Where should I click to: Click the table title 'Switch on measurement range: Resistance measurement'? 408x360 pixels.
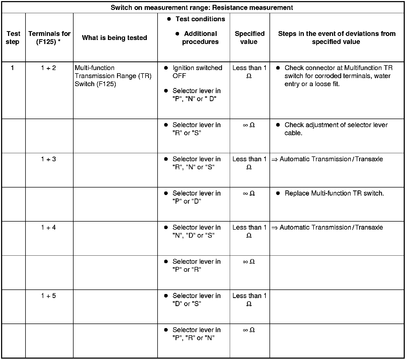pos(202,8)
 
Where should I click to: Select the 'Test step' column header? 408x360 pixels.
pos(13,38)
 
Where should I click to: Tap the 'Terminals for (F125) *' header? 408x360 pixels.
pos(49,38)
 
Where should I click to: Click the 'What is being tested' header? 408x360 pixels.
pos(115,38)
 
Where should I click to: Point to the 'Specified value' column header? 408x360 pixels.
pos(249,38)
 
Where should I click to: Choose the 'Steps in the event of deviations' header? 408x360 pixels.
pos(337,38)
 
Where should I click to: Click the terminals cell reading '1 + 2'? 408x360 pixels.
pos(49,68)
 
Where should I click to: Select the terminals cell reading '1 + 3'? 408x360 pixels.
pos(49,159)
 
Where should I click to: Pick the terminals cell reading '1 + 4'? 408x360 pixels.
pos(49,228)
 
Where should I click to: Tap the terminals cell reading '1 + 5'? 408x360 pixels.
pos(49,296)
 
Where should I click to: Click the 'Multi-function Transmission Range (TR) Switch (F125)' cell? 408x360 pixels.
pos(113,76)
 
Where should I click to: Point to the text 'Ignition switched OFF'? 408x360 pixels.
pos(197,72)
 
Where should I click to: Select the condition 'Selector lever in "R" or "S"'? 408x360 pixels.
pos(196,129)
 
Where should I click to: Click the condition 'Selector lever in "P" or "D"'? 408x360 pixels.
pos(196,197)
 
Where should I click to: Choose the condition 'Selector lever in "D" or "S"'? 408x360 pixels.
pos(196,300)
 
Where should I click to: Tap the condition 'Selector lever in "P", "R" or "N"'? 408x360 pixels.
pos(196,334)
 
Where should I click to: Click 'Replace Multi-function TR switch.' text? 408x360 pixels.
pos(334,193)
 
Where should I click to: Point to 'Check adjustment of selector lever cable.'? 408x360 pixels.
pos(336,129)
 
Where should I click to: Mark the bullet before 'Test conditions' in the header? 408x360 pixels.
pos(169,19)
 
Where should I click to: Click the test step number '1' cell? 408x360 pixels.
pos(12,68)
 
